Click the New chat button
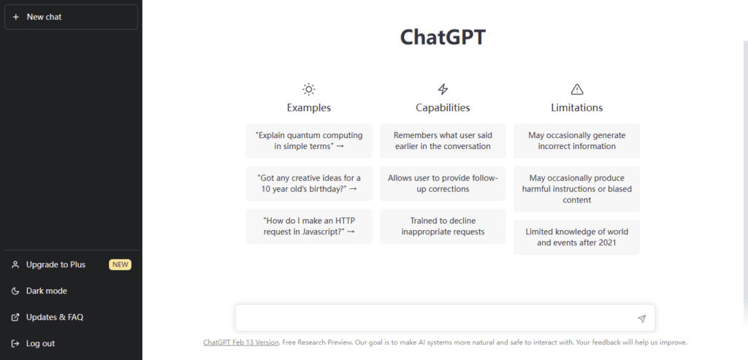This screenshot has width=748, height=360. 71,18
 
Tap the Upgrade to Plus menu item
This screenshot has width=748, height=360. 56,264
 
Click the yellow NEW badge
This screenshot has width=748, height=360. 121,264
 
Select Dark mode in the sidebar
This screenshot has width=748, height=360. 46,291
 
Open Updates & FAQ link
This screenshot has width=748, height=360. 54,317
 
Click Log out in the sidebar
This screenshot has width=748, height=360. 40,343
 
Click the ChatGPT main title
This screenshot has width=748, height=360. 443,38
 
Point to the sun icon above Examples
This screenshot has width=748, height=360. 309,89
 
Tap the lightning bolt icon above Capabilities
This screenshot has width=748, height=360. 443,89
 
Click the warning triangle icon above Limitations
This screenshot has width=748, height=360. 577,89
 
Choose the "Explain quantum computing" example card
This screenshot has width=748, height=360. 309,141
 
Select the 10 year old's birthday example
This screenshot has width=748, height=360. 309,183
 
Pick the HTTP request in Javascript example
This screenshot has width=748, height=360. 309,226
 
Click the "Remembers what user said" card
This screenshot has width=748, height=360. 443,141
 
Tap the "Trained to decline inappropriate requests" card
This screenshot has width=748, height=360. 443,226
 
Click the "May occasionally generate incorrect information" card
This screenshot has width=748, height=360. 577,141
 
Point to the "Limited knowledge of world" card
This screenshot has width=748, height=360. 577,237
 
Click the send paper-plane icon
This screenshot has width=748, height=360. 641,318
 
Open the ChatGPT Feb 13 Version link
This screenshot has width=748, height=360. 241,342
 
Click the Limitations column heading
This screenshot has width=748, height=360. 577,108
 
